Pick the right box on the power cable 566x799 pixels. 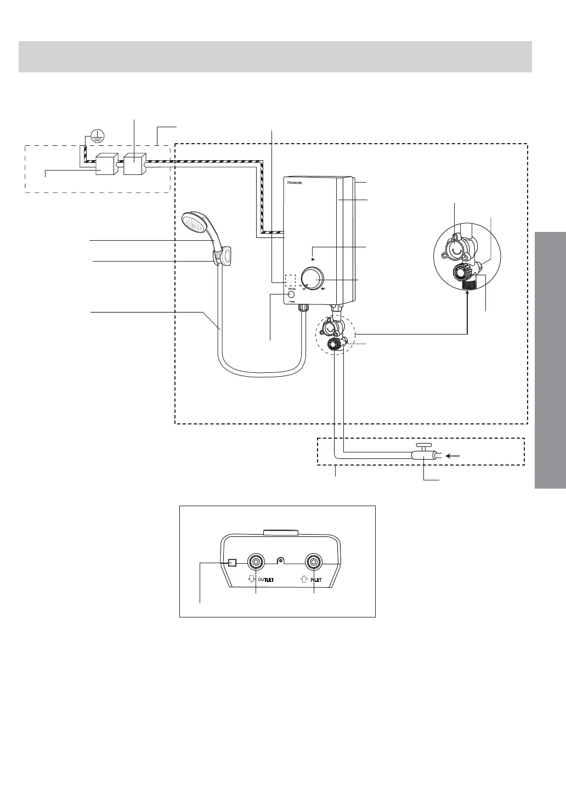coord(133,163)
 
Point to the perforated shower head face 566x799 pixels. coord(193,225)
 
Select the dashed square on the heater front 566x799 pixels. coord(291,280)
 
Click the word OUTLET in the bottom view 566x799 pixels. coord(266,579)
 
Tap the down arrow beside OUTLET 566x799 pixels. coord(251,579)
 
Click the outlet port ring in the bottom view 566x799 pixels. coord(256,562)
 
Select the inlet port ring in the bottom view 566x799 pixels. coord(314,562)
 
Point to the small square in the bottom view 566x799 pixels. coord(233,563)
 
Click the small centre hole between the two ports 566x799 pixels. coord(281,561)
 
